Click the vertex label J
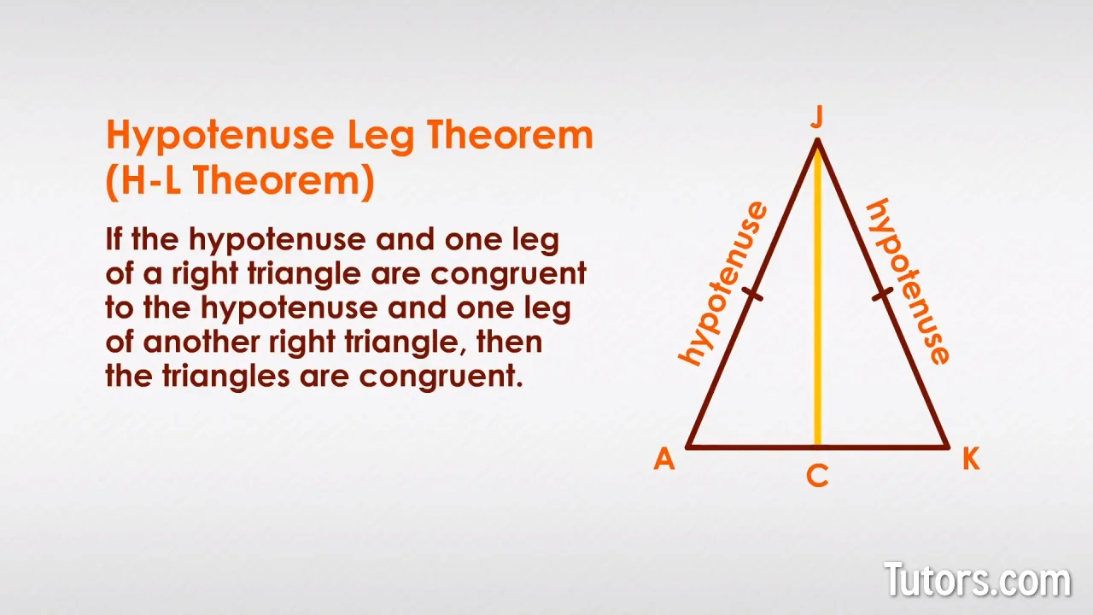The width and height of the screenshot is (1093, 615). coord(817,118)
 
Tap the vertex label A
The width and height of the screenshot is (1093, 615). coord(664,459)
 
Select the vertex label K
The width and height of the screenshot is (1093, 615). coord(971,459)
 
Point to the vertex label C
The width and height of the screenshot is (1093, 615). coord(817,476)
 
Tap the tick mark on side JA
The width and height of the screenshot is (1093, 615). coord(752,294)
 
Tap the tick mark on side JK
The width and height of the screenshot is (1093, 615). coord(882,294)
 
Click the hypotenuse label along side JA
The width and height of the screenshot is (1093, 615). coord(722,284)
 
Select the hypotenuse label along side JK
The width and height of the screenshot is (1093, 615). coord(908,282)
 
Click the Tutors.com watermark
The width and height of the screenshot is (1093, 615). coord(978,579)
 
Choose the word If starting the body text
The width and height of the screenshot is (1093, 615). coord(114,239)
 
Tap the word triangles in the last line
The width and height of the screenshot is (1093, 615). coord(226,377)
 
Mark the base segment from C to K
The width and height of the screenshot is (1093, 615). coord(884,447)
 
